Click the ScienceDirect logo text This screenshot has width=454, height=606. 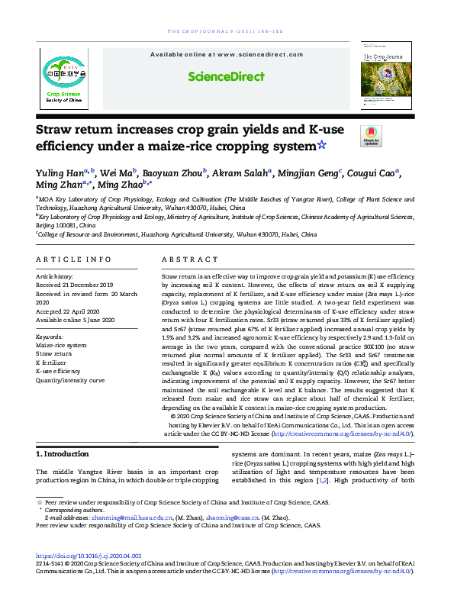click(227, 76)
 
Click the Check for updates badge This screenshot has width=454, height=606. click(372, 136)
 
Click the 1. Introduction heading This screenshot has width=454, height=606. click(63, 454)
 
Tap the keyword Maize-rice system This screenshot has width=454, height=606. click(61, 345)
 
